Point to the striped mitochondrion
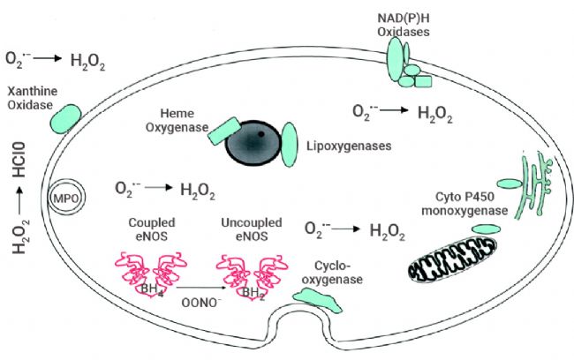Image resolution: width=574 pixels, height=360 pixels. coord(457,261)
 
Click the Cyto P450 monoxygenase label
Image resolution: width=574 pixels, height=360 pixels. coord(472,203)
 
